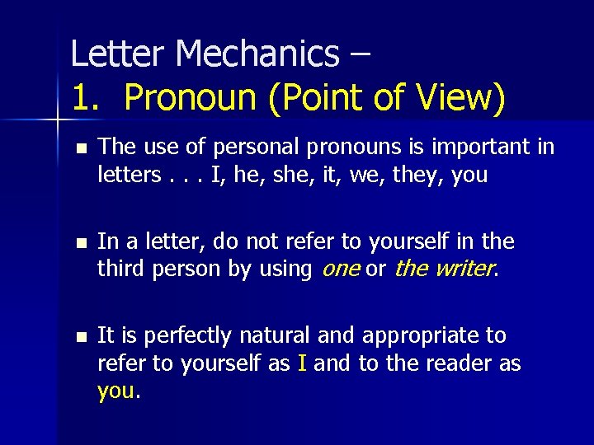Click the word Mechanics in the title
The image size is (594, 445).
(257, 54)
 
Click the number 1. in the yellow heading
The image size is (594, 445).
(87, 98)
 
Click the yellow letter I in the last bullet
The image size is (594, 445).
(303, 363)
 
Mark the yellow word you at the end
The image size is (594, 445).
(116, 391)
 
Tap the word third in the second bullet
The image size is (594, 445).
(120, 269)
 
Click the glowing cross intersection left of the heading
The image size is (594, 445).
(57, 121)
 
